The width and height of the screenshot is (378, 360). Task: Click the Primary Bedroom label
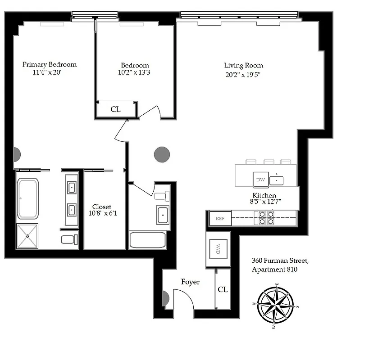pyautogui.click(x=50, y=64)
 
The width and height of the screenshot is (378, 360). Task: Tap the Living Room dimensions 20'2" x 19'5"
pyautogui.click(x=243, y=75)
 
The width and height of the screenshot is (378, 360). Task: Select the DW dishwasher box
pyautogui.click(x=260, y=180)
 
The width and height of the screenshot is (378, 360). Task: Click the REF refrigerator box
pyautogui.click(x=220, y=219)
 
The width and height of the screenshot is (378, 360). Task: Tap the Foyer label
pyautogui.click(x=190, y=282)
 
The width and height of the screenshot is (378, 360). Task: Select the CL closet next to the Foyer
pyautogui.click(x=223, y=289)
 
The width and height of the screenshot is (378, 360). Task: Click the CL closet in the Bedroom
pyautogui.click(x=115, y=109)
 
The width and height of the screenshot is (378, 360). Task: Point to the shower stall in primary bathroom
pyautogui.click(x=27, y=235)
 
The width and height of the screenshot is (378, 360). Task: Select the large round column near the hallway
pyautogui.click(x=162, y=154)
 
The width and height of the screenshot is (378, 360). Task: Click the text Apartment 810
pyautogui.click(x=274, y=270)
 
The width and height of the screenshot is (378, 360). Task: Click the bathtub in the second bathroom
pyautogui.click(x=148, y=240)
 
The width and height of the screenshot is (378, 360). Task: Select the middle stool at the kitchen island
pyautogui.click(x=269, y=161)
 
